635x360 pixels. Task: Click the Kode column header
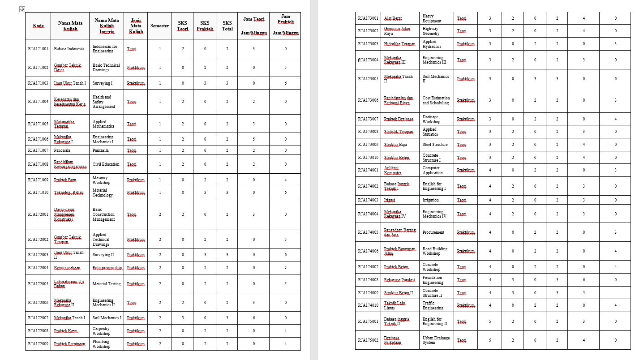pyautogui.click(x=38, y=26)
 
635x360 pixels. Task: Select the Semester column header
pyautogui.click(x=159, y=26)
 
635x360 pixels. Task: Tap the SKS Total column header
pyautogui.click(x=227, y=26)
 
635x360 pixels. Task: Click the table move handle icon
pyautogui.click(x=22, y=9)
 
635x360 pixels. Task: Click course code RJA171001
pyautogui.click(x=38, y=48)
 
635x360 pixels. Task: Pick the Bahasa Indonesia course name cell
pyautogui.click(x=69, y=48)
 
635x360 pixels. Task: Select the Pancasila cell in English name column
pyautogui.click(x=103, y=150)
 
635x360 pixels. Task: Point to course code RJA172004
pyautogui.click(x=38, y=268)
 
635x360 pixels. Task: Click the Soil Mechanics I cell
pyautogui.click(x=107, y=318)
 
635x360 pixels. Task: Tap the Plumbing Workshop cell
pyautogui.click(x=101, y=344)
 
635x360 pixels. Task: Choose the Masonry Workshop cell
pyautogui.click(x=101, y=180)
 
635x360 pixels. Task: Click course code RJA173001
pyautogui.click(x=368, y=18)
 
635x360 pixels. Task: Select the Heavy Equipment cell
pyautogui.click(x=432, y=18)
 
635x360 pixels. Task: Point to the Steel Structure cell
pyautogui.click(x=435, y=145)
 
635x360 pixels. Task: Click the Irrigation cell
pyautogui.click(x=430, y=200)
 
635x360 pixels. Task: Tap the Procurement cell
pyautogui.click(x=433, y=232)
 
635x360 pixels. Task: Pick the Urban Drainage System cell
pyautogui.click(x=436, y=340)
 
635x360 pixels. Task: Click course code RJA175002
pyautogui.click(x=368, y=340)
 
